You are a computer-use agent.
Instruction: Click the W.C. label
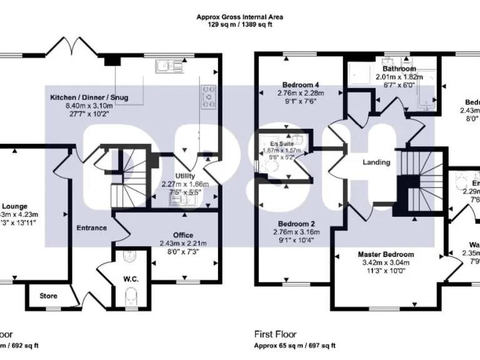(x=131, y=278)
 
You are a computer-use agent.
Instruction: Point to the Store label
(x=48, y=296)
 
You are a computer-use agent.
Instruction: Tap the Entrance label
(x=92, y=228)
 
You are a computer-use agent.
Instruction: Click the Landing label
(x=376, y=162)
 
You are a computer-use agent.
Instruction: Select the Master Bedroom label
(x=386, y=254)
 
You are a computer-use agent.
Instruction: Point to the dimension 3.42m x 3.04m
(x=386, y=263)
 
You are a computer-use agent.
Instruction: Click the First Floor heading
(x=276, y=334)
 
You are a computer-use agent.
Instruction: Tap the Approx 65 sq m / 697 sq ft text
(x=294, y=345)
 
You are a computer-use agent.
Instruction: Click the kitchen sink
(x=167, y=65)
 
